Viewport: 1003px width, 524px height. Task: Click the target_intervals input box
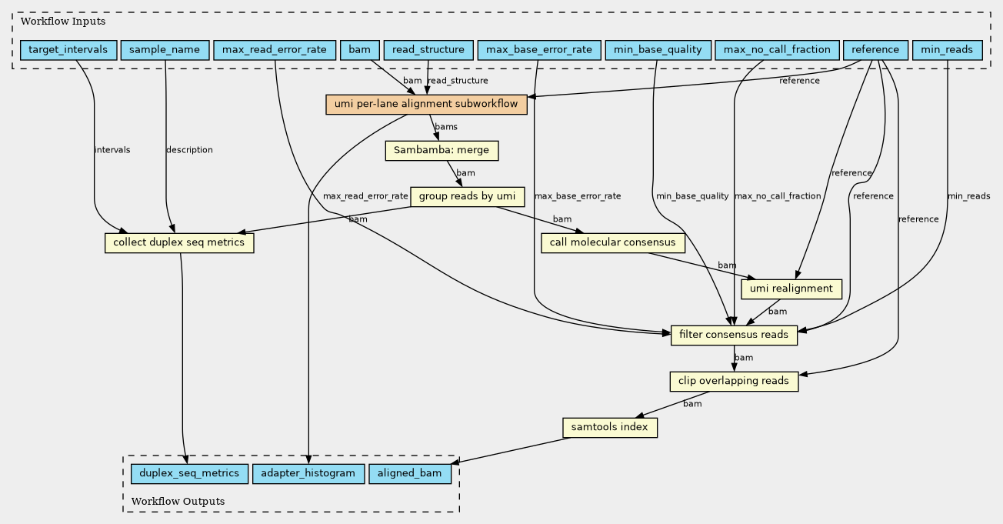[68, 50]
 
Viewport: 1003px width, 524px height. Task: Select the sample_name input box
[165, 50]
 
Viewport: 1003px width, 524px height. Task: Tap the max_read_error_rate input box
[275, 50]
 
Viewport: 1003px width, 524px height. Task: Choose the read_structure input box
[428, 50]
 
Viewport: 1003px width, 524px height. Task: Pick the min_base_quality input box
[658, 50]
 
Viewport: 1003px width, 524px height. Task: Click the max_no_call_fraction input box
[777, 50]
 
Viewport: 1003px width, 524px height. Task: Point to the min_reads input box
[947, 50]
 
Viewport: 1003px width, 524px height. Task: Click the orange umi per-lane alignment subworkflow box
[426, 105]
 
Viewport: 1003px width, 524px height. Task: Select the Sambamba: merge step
[442, 151]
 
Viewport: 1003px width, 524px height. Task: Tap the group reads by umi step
[468, 197]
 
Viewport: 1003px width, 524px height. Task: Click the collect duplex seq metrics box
[179, 242]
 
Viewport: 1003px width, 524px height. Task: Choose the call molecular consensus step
[612, 242]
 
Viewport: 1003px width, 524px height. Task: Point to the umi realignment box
[791, 289]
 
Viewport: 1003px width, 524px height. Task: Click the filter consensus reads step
[734, 335]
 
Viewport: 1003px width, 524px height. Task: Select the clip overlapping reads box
[734, 381]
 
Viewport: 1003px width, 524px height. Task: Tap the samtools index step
[610, 427]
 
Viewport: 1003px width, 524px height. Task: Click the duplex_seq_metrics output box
[189, 473]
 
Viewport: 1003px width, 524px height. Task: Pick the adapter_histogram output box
[308, 473]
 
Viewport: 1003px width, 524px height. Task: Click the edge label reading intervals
[112, 150]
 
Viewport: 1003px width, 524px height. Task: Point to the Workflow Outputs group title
[178, 501]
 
